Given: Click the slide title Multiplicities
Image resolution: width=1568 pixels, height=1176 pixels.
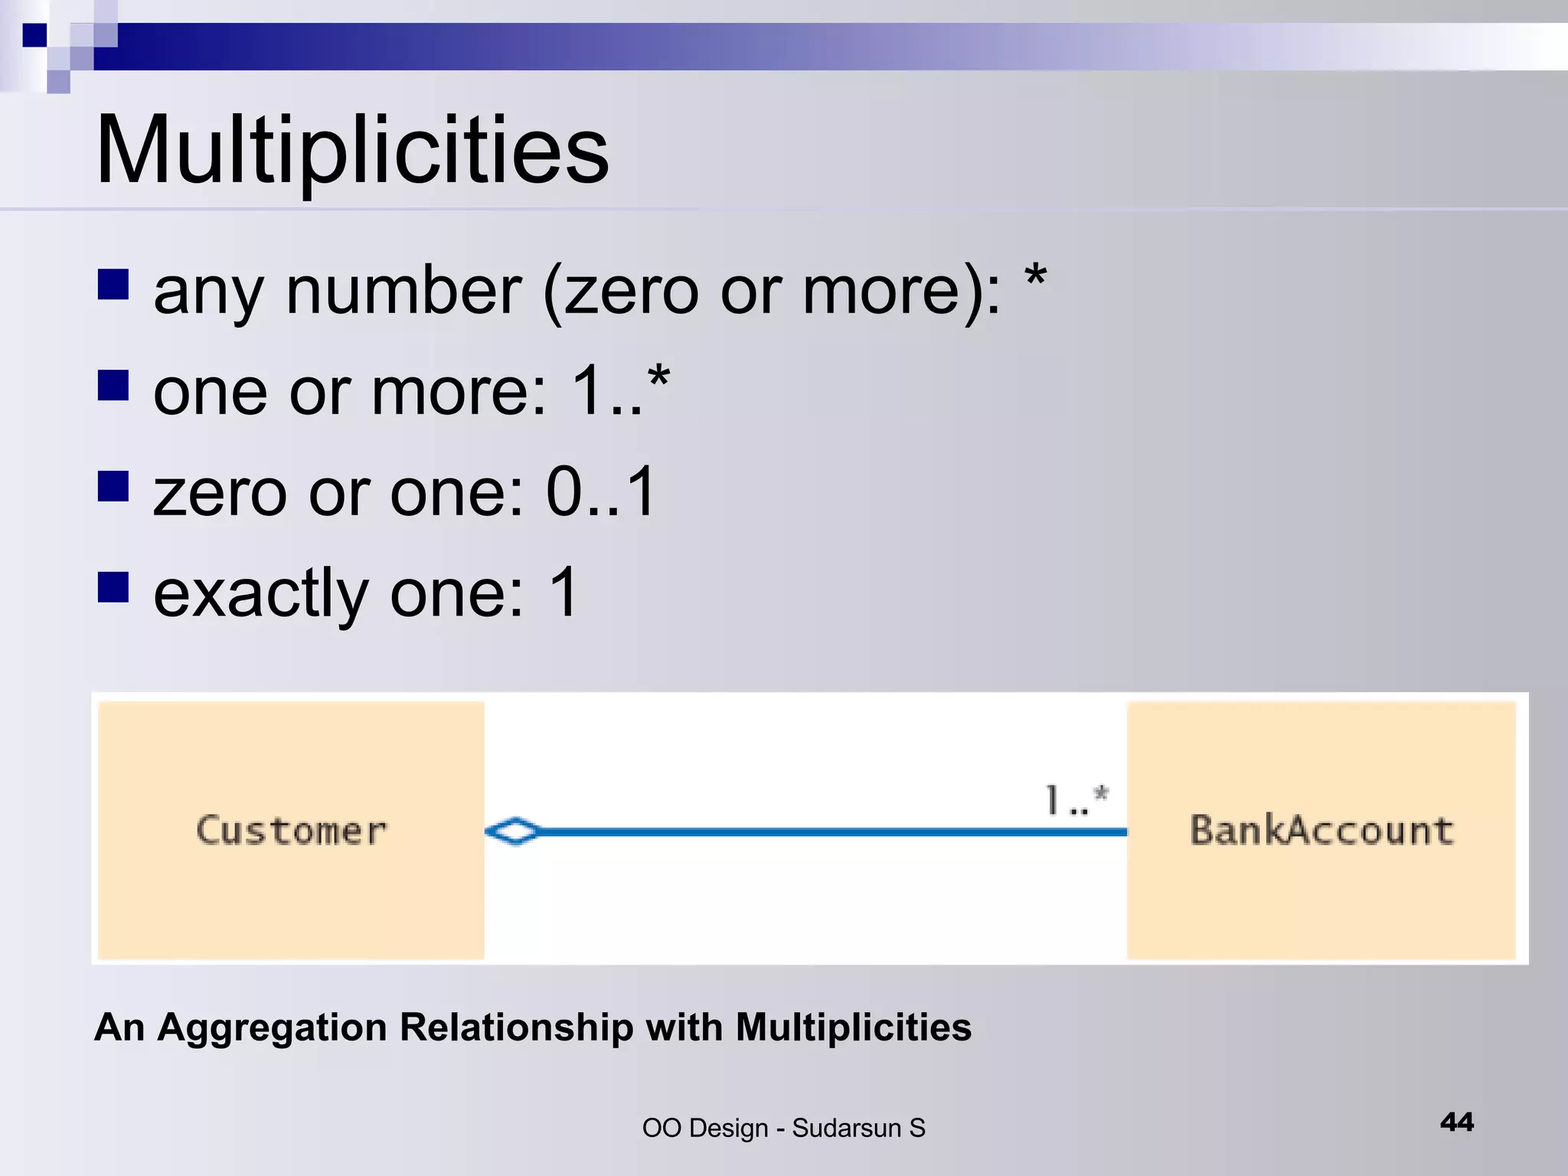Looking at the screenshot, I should coord(352,149).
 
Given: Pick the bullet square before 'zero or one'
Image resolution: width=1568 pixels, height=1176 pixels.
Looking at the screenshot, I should coord(113,486).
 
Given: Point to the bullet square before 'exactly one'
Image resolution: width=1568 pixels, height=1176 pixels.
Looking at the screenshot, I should coord(113,587).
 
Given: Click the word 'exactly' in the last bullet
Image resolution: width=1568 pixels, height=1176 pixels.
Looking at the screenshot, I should coord(261,593).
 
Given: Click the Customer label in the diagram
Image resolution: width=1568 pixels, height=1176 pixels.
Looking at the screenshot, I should coord(292,831).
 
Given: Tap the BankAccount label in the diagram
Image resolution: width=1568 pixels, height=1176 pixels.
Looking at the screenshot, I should coord(1321,831).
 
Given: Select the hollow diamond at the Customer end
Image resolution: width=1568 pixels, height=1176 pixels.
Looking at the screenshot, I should coord(513,831).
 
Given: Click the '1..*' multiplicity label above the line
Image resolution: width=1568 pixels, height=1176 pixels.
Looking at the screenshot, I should coord(1076,801).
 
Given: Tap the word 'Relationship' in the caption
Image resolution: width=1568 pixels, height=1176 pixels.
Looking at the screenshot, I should coord(516,1028).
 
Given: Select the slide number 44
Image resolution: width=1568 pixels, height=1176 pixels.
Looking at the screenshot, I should coord(1456,1122).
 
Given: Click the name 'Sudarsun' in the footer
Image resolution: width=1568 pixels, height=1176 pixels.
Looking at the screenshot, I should coord(846,1129).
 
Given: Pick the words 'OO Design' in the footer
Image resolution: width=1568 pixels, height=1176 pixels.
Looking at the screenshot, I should coord(704,1129).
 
